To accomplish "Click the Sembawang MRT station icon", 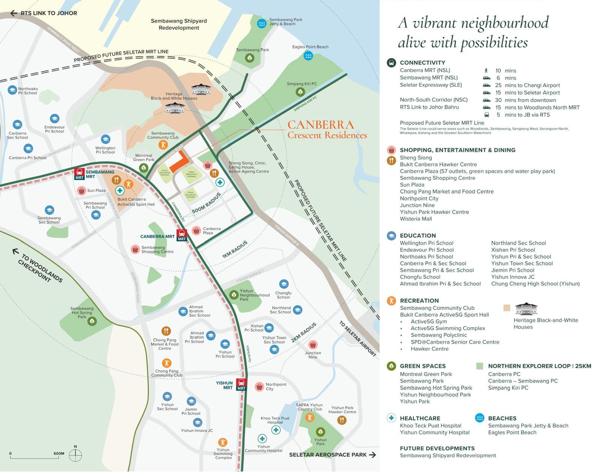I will click(79, 174).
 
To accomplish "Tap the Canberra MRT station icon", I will click(182, 235).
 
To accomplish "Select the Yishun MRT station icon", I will click(241, 384).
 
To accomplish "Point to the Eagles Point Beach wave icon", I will click(308, 56).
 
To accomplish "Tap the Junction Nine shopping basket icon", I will click(313, 345).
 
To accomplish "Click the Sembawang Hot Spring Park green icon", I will click(92, 321).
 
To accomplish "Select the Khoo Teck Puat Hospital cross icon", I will click(276, 430).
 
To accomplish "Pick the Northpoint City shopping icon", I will click(259, 387).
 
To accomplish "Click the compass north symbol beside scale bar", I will click(75, 455).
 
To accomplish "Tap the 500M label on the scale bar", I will click(59, 454).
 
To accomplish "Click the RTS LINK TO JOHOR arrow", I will click(14, 13).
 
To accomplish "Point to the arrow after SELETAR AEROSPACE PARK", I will click(372, 455).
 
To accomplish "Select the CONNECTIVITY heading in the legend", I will click(422, 63).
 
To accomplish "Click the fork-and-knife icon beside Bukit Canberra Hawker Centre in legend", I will click(391, 161).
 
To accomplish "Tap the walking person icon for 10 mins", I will click(486, 70).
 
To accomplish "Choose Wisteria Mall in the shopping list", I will click(416, 219).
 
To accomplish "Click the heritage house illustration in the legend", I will click(526, 308).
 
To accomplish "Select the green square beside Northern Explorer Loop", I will click(479, 366).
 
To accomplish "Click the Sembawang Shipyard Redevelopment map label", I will click(179, 24).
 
